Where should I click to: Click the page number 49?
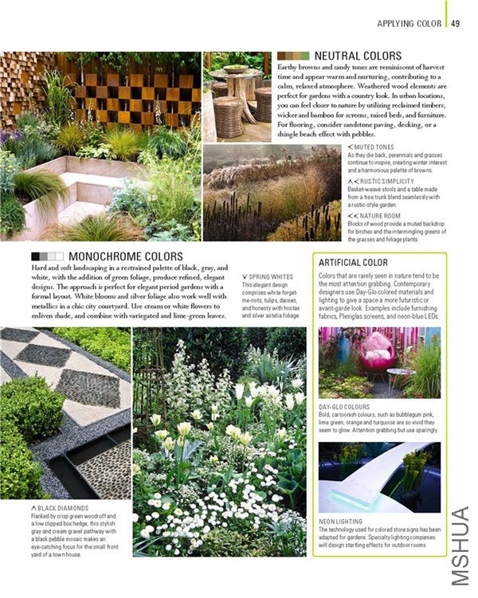(x=455, y=23)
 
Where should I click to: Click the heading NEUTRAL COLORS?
(x=358, y=56)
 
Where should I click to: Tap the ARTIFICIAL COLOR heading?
(x=353, y=262)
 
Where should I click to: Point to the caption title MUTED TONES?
(x=374, y=147)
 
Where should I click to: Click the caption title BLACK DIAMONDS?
(x=62, y=507)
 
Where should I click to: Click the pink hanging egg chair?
(x=354, y=356)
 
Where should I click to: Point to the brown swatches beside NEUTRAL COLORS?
(x=293, y=56)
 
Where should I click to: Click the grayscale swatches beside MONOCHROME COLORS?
(x=46, y=256)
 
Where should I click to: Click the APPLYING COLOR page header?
(x=409, y=23)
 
